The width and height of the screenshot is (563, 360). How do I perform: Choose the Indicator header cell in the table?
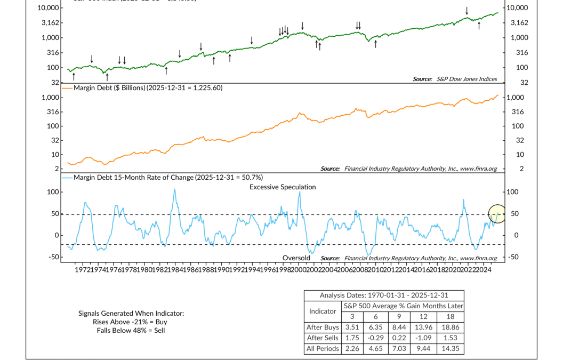pos(323,311)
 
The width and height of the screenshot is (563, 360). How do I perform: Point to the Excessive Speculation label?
pos(283,187)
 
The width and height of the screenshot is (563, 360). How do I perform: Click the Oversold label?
pos(296,258)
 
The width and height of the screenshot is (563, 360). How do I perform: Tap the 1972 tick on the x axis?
pos(82,270)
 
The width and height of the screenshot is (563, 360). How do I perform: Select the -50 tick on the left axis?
pos(52,257)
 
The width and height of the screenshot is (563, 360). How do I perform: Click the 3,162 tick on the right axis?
pos(519,22)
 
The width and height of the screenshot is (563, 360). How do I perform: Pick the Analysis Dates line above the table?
pos(384,295)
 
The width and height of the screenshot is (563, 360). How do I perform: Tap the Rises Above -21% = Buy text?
pos(131,322)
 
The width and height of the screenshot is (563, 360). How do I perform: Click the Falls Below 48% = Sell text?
pos(131,330)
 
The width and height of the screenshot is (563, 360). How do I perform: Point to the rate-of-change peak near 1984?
pos(174,190)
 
